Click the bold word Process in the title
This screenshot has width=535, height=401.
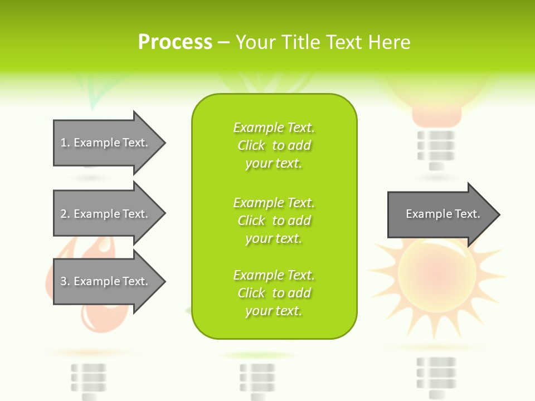[x=175, y=42]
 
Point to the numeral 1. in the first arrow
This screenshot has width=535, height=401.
[x=65, y=143]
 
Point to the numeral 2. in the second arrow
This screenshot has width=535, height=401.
[x=65, y=214]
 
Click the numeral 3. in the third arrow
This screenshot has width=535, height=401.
[x=65, y=281]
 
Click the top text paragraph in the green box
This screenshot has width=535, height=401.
[x=274, y=145]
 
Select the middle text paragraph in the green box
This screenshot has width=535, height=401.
[x=274, y=221]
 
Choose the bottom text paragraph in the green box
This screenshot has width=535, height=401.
[x=274, y=293]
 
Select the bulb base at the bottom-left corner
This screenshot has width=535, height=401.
[x=89, y=380]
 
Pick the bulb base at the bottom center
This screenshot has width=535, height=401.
[x=257, y=380]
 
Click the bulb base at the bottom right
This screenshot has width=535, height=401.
[x=436, y=376]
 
